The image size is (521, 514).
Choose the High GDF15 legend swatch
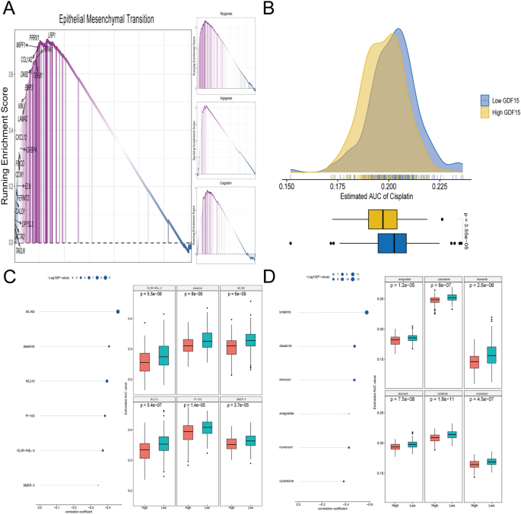point(484,112)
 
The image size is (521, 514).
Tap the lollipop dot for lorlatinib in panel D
point(367,311)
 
